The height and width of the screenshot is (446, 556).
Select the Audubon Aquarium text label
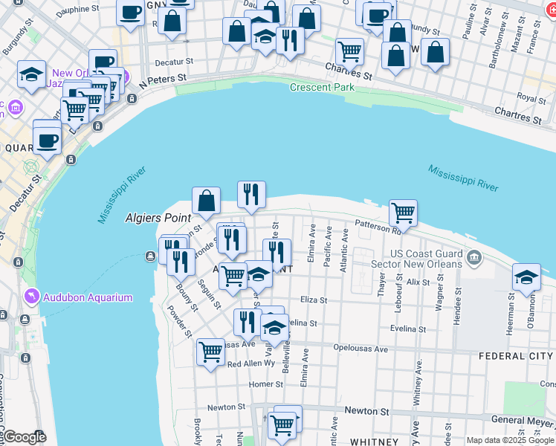click(88, 297)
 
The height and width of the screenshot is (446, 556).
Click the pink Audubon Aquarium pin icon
click(31, 297)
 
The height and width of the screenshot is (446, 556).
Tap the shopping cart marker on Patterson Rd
click(403, 213)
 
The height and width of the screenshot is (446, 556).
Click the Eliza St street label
click(313, 300)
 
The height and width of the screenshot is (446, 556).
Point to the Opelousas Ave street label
click(361, 348)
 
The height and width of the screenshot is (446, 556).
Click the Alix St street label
click(418, 282)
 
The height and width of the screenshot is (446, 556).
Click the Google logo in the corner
click(25, 437)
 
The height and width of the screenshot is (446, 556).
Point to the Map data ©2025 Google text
click(510, 440)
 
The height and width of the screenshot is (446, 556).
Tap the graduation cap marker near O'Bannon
click(526, 277)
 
